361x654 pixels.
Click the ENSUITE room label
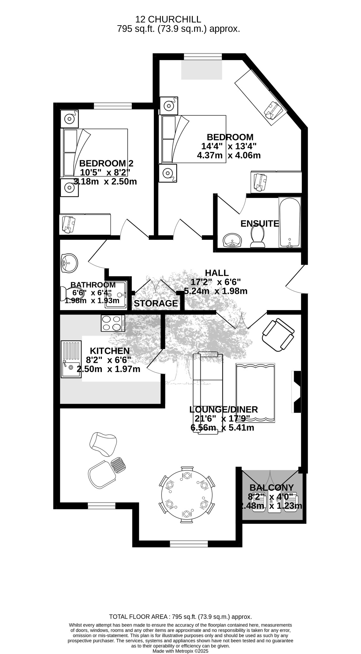[x=259, y=224]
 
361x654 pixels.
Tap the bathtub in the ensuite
[x=290, y=222]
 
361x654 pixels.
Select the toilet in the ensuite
[x=258, y=237]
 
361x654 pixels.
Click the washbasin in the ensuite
[x=233, y=240]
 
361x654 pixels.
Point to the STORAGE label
[x=156, y=303]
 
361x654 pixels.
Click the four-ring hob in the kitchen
[x=113, y=323]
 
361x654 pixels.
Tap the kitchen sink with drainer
[x=71, y=359]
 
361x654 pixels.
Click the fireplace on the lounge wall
[x=296, y=392]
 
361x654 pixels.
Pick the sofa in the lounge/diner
[x=208, y=393]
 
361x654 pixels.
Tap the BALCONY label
[x=271, y=488]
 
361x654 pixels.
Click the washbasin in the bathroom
[x=69, y=263]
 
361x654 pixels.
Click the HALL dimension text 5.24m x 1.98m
[x=216, y=291]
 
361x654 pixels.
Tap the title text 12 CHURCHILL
[x=168, y=20]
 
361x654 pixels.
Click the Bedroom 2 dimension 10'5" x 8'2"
[x=105, y=172]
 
